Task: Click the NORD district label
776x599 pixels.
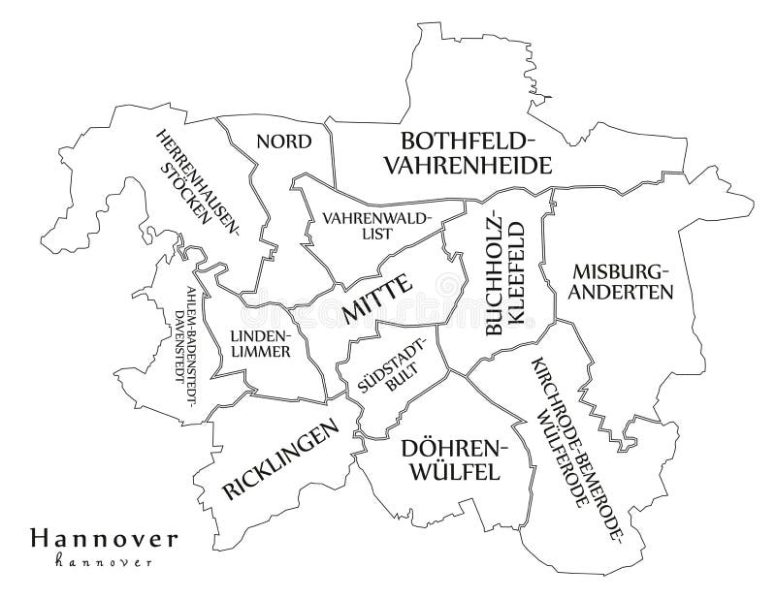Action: [283, 142]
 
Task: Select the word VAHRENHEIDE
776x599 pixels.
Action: [468, 166]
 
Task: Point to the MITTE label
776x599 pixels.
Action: [377, 299]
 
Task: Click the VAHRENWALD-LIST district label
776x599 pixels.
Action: [376, 225]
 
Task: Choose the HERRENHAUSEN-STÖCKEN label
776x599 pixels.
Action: [200, 178]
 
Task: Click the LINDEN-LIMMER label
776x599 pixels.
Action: [260, 344]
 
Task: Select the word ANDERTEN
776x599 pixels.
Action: [621, 292]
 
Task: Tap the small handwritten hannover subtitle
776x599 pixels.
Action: [103, 561]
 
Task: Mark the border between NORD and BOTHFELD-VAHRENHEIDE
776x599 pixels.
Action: [330, 155]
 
